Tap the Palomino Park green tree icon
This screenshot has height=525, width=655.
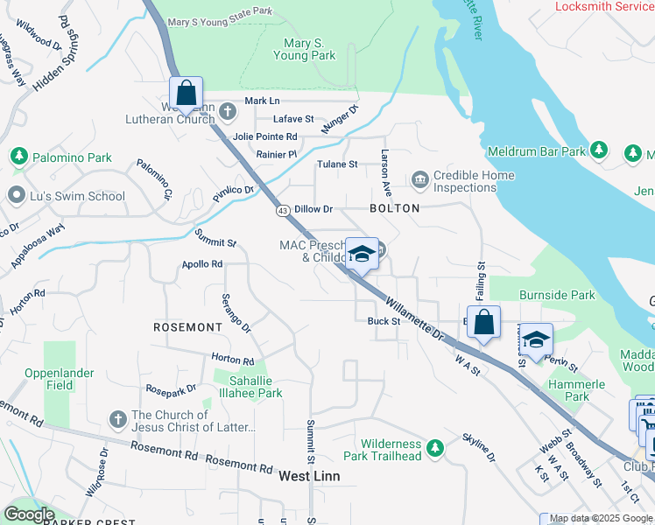(x=18, y=157)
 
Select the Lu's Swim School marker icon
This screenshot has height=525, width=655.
(x=15, y=195)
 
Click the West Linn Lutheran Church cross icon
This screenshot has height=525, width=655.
(x=228, y=111)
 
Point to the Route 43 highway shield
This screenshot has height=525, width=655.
(x=282, y=211)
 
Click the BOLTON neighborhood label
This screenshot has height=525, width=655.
(x=394, y=208)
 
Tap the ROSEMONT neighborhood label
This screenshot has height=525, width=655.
(x=187, y=326)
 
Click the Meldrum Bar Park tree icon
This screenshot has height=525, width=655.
(x=599, y=150)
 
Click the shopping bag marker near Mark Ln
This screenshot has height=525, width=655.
(x=187, y=92)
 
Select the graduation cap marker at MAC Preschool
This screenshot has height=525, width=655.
(x=362, y=254)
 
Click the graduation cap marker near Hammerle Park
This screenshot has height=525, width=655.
(x=538, y=339)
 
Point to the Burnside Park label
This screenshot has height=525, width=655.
(x=557, y=295)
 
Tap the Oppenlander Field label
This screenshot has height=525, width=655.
(x=60, y=378)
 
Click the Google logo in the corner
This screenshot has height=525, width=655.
(x=28, y=514)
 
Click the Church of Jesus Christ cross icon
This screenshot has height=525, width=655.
(x=118, y=420)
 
